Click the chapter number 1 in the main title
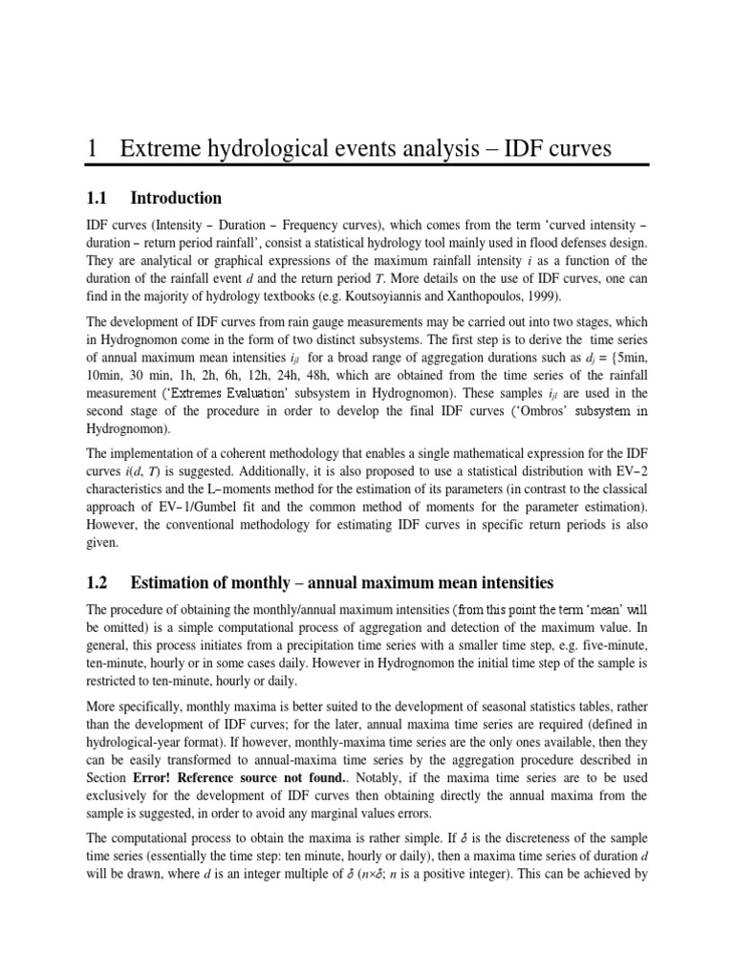click(92, 148)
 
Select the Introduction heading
click(176, 199)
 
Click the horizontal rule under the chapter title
click(367, 166)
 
